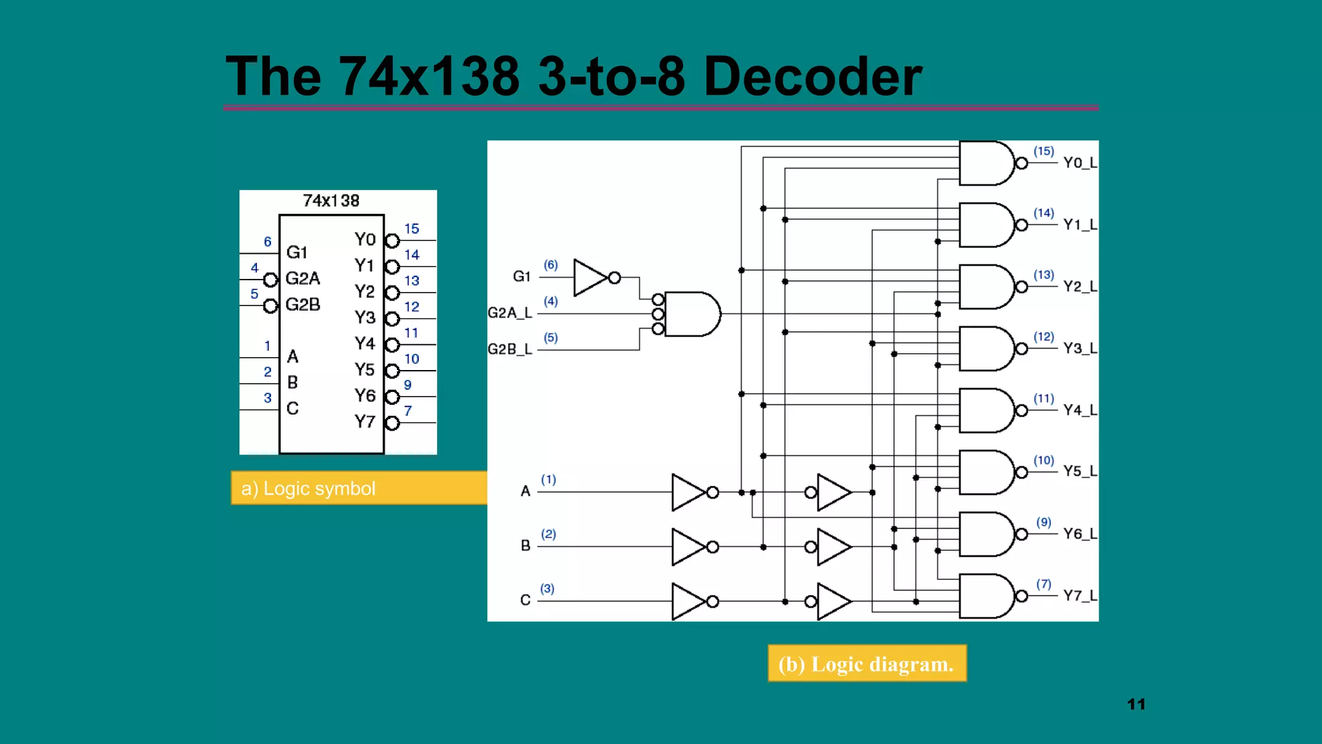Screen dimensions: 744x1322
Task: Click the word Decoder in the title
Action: [812, 76]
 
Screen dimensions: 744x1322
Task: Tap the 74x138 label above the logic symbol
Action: [330, 201]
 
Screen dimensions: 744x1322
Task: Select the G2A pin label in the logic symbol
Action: [303, 278]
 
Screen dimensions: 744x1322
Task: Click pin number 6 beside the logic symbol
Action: [267, 242]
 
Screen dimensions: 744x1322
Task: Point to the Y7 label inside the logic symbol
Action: [365, 422]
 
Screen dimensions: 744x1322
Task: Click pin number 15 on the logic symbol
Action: [411, 229]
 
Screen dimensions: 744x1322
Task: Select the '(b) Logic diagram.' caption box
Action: [866, 663]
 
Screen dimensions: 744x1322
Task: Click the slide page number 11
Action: [1136, 704]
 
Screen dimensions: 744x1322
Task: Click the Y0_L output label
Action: [1080, 163]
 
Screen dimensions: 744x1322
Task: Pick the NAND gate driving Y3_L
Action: [986, 349]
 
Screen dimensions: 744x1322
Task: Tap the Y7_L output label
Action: [1080, 595]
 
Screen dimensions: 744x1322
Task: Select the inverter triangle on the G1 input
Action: [590, 278]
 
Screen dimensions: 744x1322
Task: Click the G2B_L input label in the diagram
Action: [510, 349]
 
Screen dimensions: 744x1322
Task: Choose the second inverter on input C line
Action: [834, 601]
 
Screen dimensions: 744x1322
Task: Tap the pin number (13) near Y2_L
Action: [1043, 275]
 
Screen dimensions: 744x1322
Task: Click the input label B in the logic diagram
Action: [525, 546]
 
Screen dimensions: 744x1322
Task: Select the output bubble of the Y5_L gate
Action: [1022, 473]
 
